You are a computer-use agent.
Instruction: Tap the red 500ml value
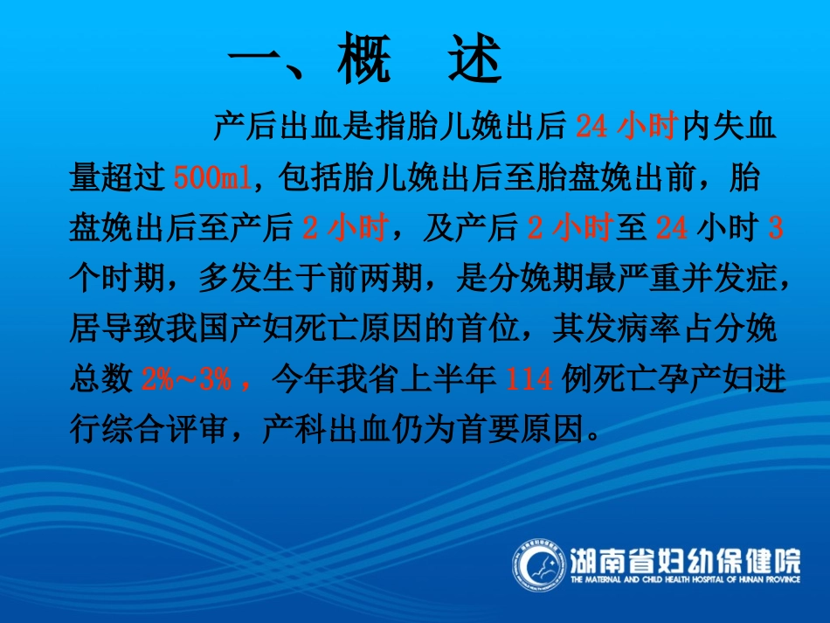point(211,177)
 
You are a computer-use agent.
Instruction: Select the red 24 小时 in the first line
point(627,128)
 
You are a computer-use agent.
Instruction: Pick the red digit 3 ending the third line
point(775,228)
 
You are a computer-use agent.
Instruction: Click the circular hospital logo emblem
point(537,567)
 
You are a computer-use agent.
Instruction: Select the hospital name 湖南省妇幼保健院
point(684,557)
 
